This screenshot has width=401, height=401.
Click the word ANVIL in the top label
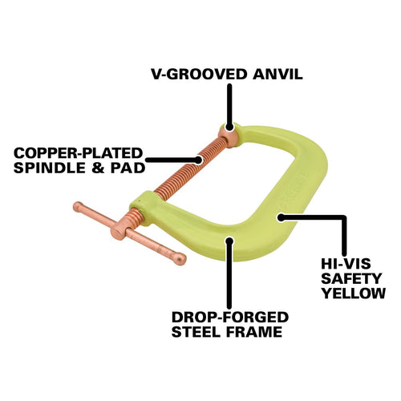click(x=277, y=74)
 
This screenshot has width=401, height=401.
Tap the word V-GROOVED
click(x=199, y=74)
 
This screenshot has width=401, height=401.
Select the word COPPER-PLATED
click(x=79, y=153)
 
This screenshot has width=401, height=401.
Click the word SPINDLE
click(x=50, y=168)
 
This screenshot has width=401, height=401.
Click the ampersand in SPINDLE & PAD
click(x=98, y=168)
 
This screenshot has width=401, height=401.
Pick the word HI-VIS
click(x=346, y=264)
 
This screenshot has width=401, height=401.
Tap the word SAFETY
click(x=351, y=278)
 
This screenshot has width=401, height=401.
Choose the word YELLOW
click(x=354, y=293)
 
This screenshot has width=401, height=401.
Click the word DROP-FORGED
click(x=230, y=317)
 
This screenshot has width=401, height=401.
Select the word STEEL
click(x=196, y=332)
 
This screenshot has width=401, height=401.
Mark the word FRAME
click(x=254, y=332)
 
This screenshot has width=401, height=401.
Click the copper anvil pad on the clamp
click(x=229, y=136)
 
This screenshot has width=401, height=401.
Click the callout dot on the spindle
click(x=198, y=160)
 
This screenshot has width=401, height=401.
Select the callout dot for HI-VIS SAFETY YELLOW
click(x=281, y=217)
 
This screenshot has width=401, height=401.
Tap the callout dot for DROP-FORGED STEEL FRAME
click(x=229, y=241)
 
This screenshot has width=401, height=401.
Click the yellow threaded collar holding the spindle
click(x=143, y=207)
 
